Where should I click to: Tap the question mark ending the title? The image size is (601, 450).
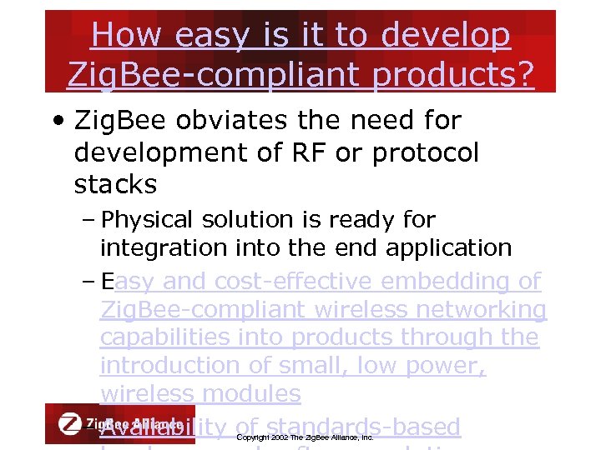click(523, 74)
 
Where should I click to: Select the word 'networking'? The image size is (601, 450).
click(471, 310)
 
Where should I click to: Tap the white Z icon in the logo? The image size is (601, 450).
click(70, 422)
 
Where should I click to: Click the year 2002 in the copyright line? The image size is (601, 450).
click(280, 437)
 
